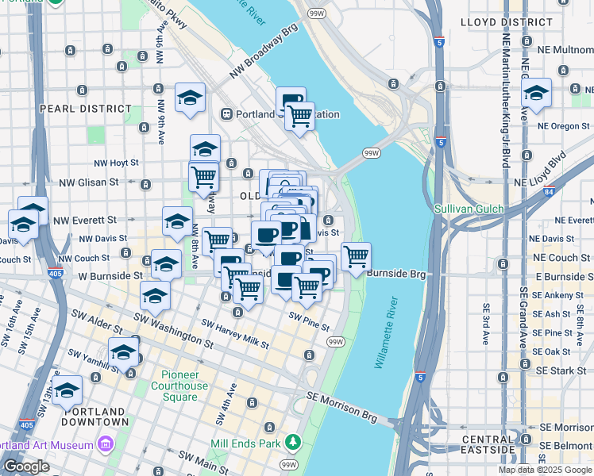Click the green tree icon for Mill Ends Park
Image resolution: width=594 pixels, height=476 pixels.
pyautogui.click(x=293, y=440)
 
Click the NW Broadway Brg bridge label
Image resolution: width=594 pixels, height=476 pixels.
pyautogui.click(x=263, y=59)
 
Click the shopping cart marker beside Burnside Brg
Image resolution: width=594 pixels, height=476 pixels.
pyautogui.click(x=356, y=257)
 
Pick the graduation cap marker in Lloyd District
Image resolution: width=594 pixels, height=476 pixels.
pyautogui.click(x=537, y=93)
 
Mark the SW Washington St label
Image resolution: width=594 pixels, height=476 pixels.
pyautogui.click(x=173, y=332)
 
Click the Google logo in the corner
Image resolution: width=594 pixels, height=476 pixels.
pyautogui.click(x=26, y=466)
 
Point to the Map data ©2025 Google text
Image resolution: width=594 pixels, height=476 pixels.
pyautogui.click(x=545, y=470)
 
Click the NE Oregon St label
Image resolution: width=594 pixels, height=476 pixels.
pyautogui.click(x=565, y=125)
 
